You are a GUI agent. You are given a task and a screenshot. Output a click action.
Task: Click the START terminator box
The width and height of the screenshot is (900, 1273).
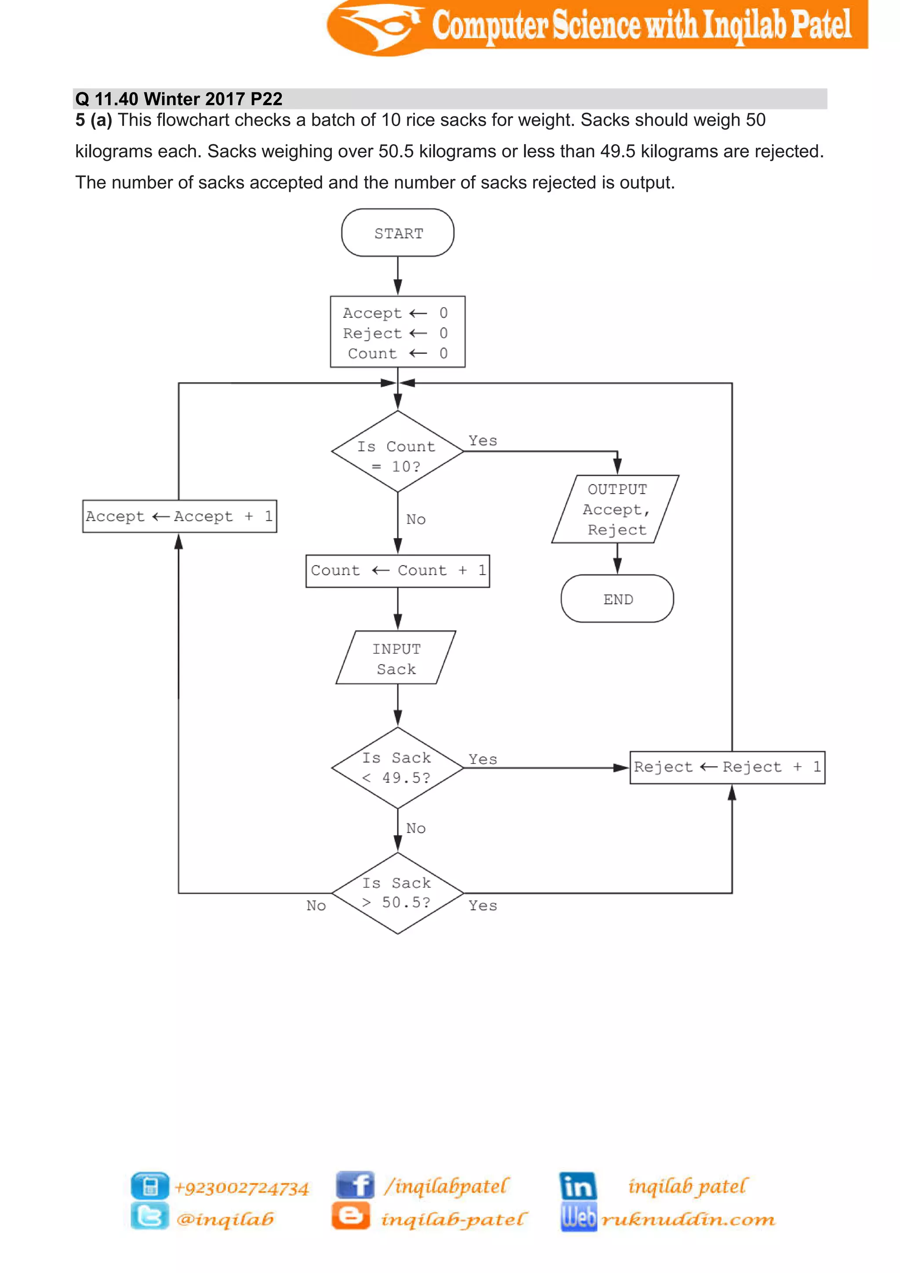click(x=397, y=233)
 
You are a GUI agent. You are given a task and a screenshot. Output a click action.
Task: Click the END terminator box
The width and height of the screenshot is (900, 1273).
click(x=617, y=599)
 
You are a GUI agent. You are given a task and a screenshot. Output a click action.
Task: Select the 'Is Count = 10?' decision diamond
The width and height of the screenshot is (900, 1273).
click(x=397, y=452)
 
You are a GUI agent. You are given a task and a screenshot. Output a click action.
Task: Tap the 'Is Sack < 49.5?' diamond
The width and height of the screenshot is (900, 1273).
click(x=397, y=768)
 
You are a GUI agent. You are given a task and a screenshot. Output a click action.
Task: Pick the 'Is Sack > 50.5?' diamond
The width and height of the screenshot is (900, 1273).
click(x=397, y=893)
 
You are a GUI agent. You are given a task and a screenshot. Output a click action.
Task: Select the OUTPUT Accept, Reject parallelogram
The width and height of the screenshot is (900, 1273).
click(x=616, y=509)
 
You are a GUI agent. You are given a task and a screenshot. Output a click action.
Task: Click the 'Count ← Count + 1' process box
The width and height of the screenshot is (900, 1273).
click(x=397, y=571)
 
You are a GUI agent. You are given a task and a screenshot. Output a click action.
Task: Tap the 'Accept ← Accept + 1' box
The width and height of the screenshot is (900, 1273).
click(x=180, y=516)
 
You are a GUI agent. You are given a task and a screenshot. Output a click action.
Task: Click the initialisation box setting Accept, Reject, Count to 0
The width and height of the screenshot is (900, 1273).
click(x=397, y=332)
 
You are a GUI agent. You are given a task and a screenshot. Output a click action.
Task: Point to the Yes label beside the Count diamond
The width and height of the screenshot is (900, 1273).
click(x=483, y=441)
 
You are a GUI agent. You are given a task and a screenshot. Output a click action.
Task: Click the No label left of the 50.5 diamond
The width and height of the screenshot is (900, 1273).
click(x=316, y=906)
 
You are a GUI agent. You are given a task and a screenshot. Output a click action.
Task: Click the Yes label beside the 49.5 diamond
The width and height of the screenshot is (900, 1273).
click(x=483, y=759)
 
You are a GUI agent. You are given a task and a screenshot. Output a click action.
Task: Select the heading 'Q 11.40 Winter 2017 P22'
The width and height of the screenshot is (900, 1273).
click(x=179, y=99)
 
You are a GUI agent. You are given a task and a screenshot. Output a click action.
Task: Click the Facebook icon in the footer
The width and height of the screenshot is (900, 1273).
click(x=355, y=1186)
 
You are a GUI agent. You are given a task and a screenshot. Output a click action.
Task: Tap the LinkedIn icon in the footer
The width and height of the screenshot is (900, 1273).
click(x=577, y=1186)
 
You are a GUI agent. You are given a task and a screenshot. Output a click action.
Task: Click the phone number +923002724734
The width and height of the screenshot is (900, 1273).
click(x=242, y=1188)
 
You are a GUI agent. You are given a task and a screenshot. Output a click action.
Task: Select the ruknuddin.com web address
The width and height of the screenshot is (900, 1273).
click(x=688, y=1220)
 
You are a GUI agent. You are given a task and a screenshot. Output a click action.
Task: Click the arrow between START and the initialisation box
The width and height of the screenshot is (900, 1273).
click(x=397, y=276)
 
